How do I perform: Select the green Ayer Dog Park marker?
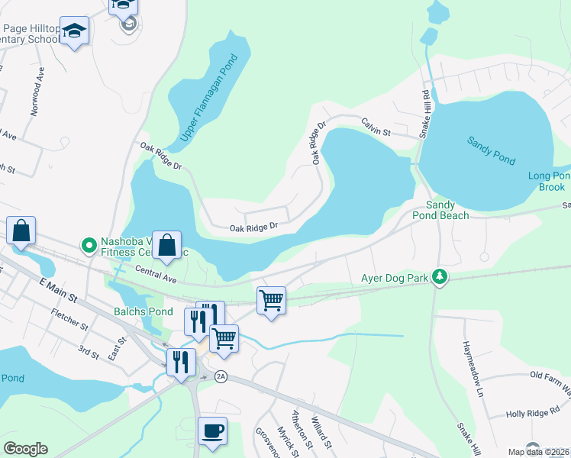click(x=439, y=276)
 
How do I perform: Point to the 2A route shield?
click(x=221, y=376)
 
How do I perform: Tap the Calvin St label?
click(x=376, y=126)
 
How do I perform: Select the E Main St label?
click(x=58, y=288)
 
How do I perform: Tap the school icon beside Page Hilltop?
click(x=74, y=31)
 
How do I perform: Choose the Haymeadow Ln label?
click(x=471, y=358)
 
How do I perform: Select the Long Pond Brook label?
click(x=549, y=181)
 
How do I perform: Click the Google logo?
click(x=25, y=449)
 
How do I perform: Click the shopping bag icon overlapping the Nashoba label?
click(x=166, y=246)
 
